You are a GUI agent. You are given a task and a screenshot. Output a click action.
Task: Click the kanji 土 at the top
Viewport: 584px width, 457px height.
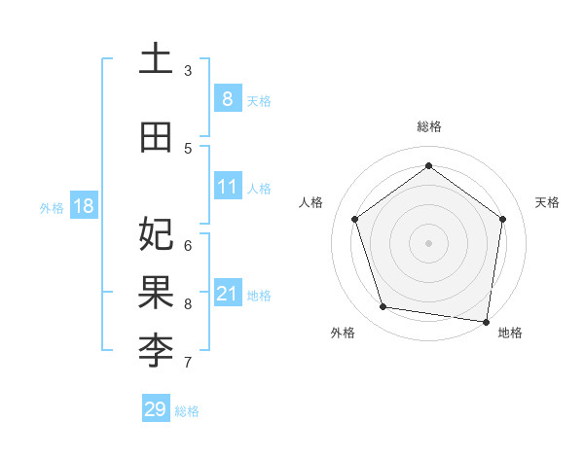(156, 58)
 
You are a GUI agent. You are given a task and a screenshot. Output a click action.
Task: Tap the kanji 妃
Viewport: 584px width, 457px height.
(156, 234)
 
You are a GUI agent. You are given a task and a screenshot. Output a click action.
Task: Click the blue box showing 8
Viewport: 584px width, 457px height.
(227, 98)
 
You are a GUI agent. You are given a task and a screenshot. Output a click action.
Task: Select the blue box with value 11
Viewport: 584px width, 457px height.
(227, 187)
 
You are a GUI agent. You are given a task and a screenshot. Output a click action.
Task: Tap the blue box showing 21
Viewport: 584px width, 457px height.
(227, 293)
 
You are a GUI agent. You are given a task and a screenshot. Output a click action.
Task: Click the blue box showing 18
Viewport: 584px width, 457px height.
(83, 206)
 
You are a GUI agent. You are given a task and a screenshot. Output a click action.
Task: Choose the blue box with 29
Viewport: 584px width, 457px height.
(156, 409)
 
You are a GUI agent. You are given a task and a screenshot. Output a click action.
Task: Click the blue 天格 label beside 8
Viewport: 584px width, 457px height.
(259, 100)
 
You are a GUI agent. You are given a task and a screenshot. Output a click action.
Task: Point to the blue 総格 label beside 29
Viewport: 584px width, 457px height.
(187, 411)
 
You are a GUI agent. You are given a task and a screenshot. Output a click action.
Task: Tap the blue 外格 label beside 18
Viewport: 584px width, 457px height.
(51, 208)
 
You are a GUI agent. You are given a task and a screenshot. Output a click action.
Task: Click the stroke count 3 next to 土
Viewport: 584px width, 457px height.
(188, 71)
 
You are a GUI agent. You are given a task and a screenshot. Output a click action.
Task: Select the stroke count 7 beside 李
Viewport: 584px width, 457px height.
(188, 364)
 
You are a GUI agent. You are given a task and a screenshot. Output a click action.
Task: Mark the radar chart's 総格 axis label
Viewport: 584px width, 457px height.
(428, 126)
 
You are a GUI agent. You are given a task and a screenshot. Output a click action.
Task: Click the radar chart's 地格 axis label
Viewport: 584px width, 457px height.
(510, 333)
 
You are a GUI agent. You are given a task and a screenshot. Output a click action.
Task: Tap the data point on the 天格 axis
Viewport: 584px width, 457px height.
(502, 219)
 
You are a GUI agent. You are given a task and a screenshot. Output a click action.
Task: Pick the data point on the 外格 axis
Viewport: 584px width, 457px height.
(383, 307)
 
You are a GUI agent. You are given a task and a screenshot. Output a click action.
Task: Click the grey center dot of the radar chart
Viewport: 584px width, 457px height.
(428, 242)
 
